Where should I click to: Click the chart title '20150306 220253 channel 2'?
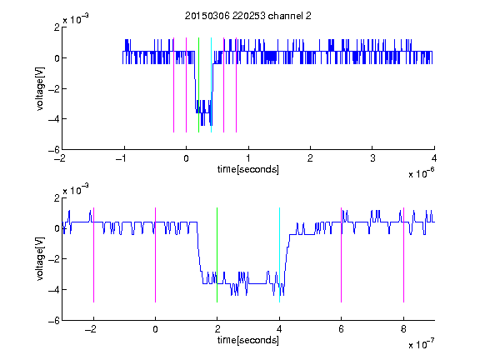pos(248,16)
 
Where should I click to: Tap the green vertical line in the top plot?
pos(198,85)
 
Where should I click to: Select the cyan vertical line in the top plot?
pos(211,85)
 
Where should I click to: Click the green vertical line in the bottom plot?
pos(217,255)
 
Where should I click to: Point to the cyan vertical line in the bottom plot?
pos(279,255)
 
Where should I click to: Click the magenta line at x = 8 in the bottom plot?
pos(403,255)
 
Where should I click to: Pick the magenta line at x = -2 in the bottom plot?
pos(93,255)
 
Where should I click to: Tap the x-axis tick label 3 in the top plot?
pos(372,158)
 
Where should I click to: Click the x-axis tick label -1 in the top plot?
pos(122,158)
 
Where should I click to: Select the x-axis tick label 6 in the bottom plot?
pos(342,329)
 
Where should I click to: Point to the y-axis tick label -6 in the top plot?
pos(54,150)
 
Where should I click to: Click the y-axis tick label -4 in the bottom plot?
pos(54,289)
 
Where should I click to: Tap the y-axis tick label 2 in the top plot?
pos(57,27)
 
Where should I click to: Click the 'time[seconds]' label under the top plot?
pos(248,169)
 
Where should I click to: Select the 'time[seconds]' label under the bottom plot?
pos(248,340)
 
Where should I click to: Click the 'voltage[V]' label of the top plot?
pos(40,88)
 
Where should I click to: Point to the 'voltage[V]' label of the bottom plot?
pos(40,258)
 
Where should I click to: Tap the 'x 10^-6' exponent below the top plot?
pos(421,173)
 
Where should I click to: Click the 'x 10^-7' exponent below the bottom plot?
pos(421,344)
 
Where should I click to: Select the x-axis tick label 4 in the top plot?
pos(434,158)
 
